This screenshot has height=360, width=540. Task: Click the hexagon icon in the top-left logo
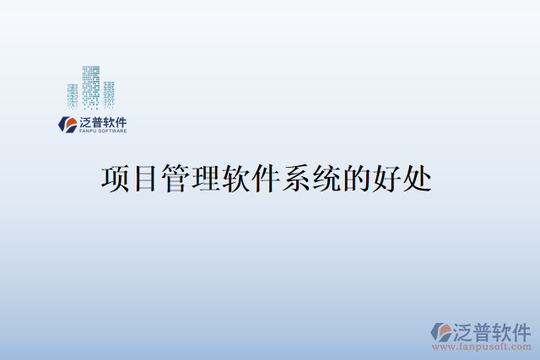tap(66, 125)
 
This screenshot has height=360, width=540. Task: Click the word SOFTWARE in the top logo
tap(113, 132)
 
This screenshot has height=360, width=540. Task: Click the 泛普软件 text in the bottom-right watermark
tap(489, 330)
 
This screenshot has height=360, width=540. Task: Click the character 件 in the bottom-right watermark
tap(521, 330)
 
